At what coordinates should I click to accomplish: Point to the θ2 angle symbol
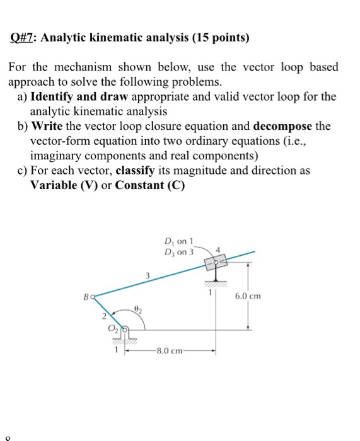138,309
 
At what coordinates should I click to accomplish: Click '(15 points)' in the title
218,38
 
